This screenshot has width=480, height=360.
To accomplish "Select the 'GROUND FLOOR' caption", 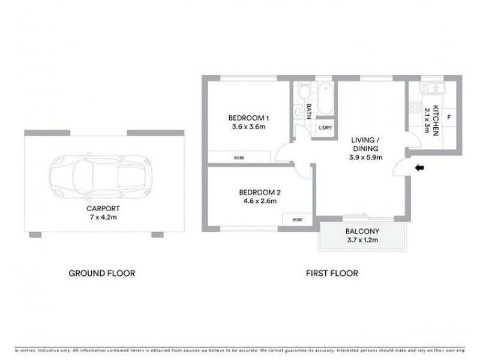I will (101, 273).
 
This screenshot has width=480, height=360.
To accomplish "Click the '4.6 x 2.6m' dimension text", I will (257, 201).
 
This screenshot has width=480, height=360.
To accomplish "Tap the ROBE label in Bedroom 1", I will (239, 157).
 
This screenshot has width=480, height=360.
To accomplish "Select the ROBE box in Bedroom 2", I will (297, 219).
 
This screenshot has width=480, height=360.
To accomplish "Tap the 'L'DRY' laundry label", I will (325, 128).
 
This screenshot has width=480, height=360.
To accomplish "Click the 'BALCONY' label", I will (361, 232).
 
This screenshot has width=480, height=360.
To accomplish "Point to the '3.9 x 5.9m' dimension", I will (367, 157).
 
